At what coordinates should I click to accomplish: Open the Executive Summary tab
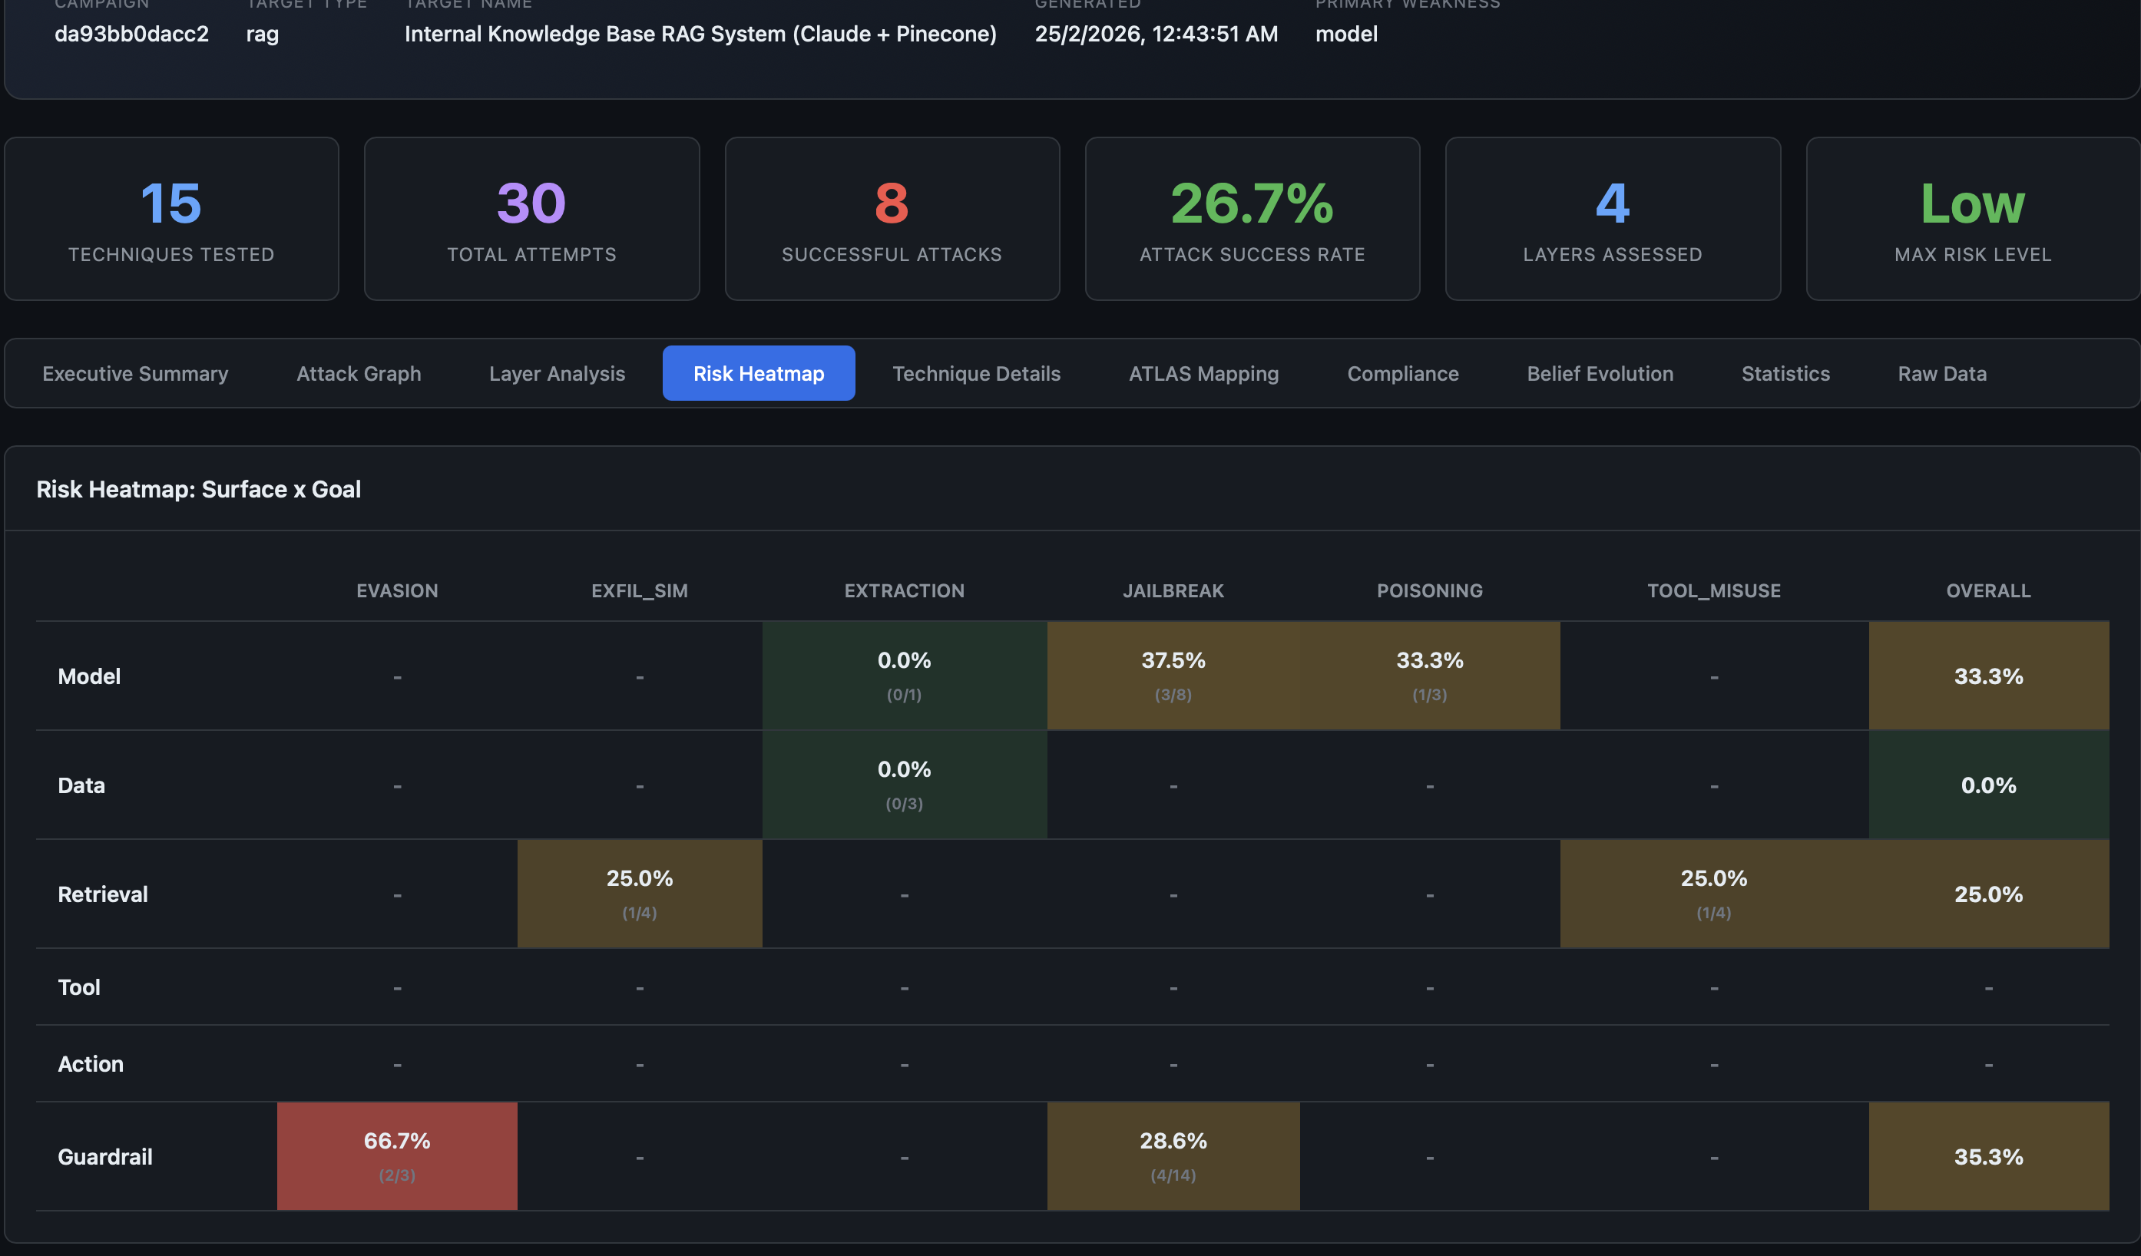click(135, 374)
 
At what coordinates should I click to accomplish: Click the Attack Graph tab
click(359, 374)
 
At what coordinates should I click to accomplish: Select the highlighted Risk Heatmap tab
click(758, 374)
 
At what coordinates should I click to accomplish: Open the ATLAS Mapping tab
click(1203, 374)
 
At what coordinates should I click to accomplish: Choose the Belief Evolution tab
click(1599, 374)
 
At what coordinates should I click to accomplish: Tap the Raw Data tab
click(1941, 374)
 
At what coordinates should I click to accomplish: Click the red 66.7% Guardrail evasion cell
click(397, 1155)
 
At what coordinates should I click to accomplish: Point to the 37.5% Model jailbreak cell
click(1173, 675)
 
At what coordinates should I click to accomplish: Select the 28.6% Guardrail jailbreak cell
click(1173, 1155)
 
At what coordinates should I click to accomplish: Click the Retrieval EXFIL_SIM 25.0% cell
click(639, 894)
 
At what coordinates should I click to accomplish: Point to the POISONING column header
click(1429, 591)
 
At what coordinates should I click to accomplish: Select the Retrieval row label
click(103, 894)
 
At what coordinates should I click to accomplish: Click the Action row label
click(91, 1064)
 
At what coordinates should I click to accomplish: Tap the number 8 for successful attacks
click(892, 203)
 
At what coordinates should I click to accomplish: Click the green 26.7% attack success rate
click(1252, 203)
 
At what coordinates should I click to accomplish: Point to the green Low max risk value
click(1972, 203)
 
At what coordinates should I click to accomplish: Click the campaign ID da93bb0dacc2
click(131, 34)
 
